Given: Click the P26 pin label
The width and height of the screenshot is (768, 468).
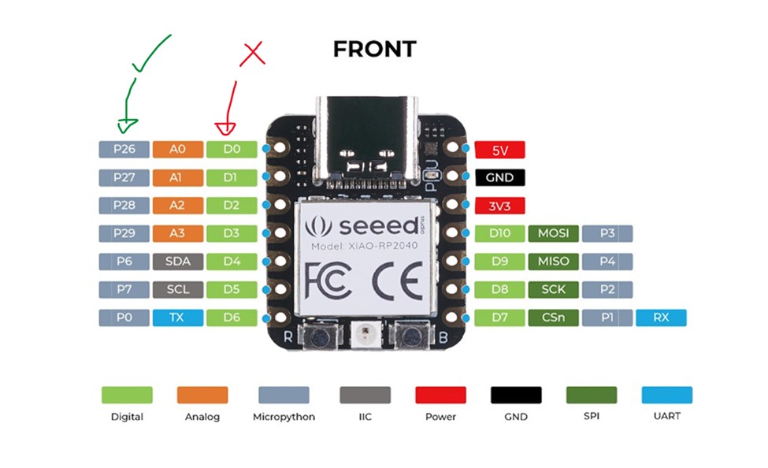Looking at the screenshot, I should tap(124, 149).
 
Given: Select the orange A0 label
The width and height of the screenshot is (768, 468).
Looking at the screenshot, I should tap(177, 149).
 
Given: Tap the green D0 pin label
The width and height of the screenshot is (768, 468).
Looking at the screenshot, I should tap(231, 149).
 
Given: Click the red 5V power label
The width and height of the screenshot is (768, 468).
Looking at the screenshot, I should tap(499, 150).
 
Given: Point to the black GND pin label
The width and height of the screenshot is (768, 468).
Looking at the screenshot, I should tap(499, 178).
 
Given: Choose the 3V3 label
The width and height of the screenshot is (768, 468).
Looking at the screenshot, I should tap(499, 206).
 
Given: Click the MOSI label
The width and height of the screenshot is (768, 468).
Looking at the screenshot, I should tap(554, 233).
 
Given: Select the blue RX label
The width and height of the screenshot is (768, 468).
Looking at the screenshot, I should tap(662, 318).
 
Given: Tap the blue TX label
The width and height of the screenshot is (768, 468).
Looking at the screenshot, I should tap(177, 318).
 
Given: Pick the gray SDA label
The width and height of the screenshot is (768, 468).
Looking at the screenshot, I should tap(177, 261).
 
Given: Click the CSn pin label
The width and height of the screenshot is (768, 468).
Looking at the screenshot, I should tap(554, 318).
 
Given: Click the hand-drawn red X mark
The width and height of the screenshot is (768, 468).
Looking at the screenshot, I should tap(252, 54).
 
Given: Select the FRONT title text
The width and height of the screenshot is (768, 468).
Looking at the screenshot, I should tap(374, 49).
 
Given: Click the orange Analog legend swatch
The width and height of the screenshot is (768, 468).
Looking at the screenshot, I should tap(202, 395).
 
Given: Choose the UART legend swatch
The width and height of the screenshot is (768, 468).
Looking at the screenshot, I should tap(666, 395).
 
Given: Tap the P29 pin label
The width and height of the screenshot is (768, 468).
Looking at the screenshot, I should tap(124, 233).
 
